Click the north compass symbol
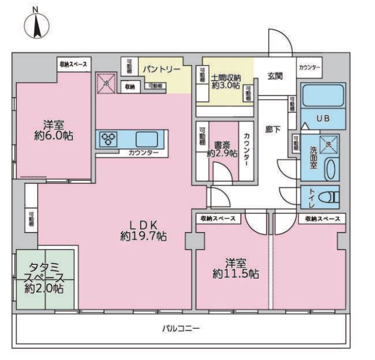click(x=37, y=24)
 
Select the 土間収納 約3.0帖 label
click(x=225, y=82)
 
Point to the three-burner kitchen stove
click(x=109, y=139)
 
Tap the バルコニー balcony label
click(x=181, y=328)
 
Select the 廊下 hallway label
click(x=273, y=129)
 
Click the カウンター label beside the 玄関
click(x=309, y=67)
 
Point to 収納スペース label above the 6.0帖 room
click(x=73, y=65)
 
